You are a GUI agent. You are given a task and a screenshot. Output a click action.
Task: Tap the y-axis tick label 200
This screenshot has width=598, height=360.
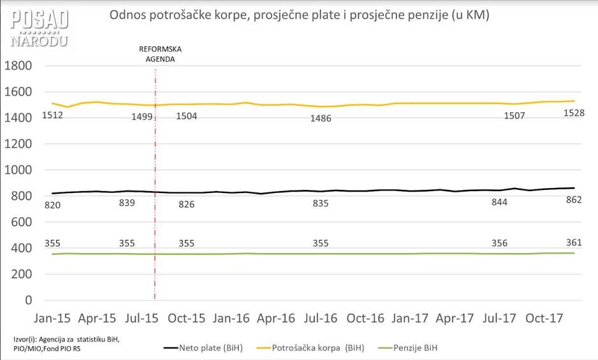coord(23,275)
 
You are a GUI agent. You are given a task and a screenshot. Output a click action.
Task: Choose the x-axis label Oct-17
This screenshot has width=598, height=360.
coord(545,318)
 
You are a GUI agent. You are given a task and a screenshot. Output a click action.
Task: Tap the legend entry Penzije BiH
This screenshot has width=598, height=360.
coord(415,348)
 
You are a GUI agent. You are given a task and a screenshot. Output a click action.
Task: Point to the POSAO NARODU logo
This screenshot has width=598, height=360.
coord(39,29)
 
